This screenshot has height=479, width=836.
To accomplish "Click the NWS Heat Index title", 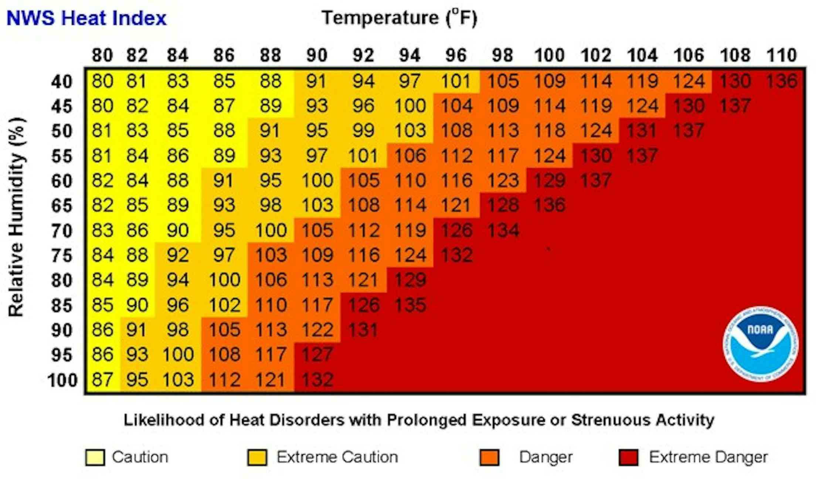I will pyautogui.click(x=86, y=18).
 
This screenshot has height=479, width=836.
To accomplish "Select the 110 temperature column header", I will pyautogui.click(x=781, y=55).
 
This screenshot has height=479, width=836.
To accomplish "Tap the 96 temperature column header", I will pyautogui.click(x=456, y=55).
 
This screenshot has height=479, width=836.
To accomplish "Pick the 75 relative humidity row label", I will pyautogui.click(x=61, y=255).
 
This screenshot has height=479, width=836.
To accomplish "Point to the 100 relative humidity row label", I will pyautogui.click(x=62, y=380).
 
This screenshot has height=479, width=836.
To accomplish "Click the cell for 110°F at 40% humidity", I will pyautogui.click(x=781, y=81).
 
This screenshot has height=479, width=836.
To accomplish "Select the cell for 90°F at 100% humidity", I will pyautogui.click(x=317, y=380).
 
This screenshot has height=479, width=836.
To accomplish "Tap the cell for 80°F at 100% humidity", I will pyautogui.click(x=102, y=380).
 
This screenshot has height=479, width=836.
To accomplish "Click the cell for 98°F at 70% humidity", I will pyautogui.click(x=503, y=231).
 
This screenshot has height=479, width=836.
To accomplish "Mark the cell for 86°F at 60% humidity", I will pyautogui.click(x=224, y=181).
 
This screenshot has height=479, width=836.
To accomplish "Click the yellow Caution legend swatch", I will pyautogui.click(x=95, y=458).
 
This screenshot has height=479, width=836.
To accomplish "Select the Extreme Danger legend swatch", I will pyautogui.click(x=628, y=458).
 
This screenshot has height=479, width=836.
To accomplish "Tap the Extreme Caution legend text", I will pyautogui.click(x=337, y=457).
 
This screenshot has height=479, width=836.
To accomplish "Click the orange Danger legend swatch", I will pyautogui.click(x=489, y=458).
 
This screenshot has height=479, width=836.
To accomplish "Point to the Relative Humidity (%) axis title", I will pyautogui.click(x=16, y=217).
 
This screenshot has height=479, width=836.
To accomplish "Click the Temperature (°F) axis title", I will pyautogui.click(x=399, y=18).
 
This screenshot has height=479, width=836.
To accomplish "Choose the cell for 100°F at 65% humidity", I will pyautogui.click(x=549, y=205).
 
